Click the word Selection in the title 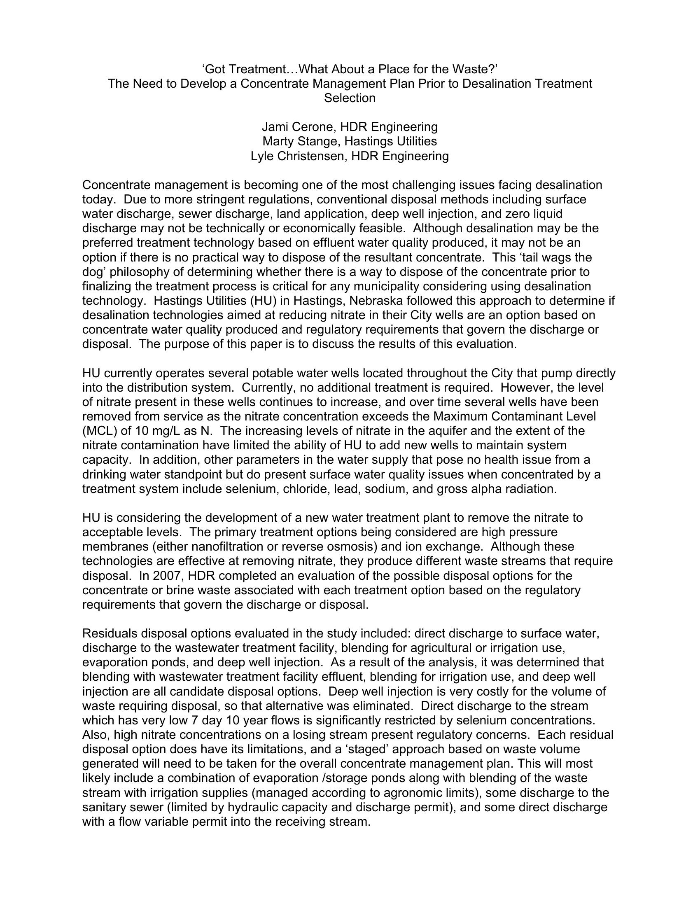pyautogui.click(x=350, y=98)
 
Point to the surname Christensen pyautogui.click(x=315, y=156)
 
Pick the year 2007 pyautogui.click(x=169, y=576)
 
